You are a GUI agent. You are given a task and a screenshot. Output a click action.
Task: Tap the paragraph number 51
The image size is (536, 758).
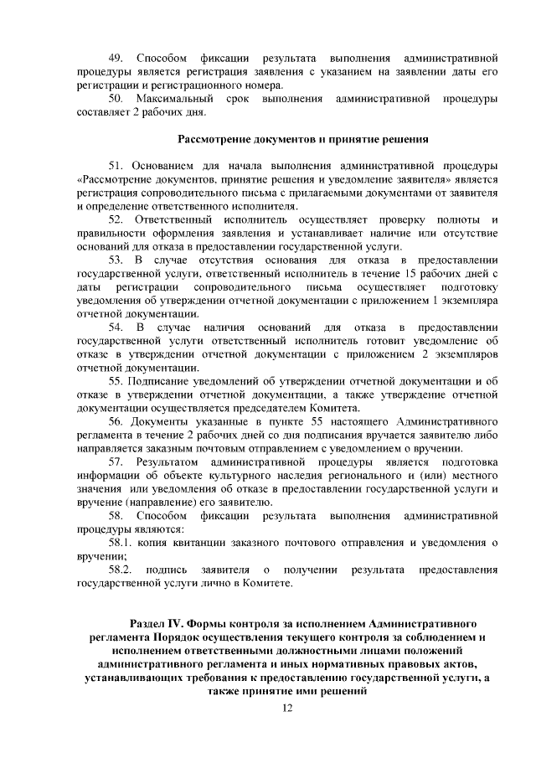click(118, 166)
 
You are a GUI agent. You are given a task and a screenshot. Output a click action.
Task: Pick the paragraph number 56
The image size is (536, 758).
click(118, 420)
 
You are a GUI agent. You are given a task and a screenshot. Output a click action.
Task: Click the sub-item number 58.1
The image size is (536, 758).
click(122, 543)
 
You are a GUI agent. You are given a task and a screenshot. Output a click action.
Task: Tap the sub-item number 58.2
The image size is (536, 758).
click(122, 570)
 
